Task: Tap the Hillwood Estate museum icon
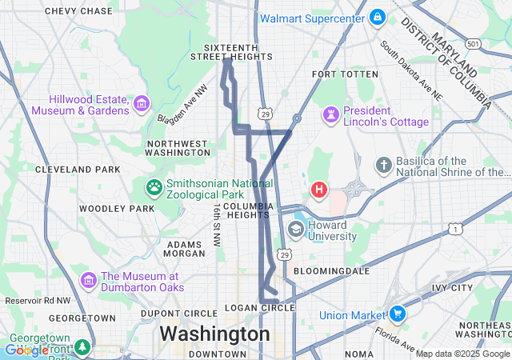(x=142, y=102)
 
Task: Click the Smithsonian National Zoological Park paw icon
(x=154, y=187)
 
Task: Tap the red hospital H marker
(x=319, y=190)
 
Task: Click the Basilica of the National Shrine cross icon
(x=384, y=166)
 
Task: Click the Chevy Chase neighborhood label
(x=78, y=11)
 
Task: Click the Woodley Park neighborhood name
(x=117, y=209)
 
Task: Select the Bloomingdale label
(x=329, y=271)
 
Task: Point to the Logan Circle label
(x=260, y=308)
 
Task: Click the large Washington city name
(x=214, y=333)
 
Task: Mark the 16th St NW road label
(x=216, y=223)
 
